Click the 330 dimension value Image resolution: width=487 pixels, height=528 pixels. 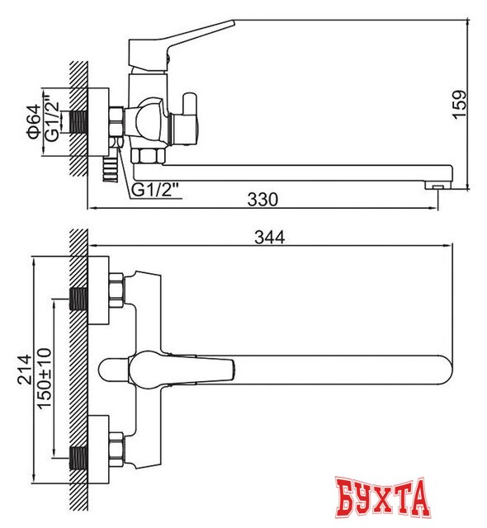pos(262,199)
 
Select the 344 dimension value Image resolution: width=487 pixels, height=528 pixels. pos(269,238)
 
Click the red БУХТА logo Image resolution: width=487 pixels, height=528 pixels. pos(385,497)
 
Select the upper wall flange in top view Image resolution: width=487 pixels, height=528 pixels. pos(99,290)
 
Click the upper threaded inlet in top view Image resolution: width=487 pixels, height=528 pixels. pos(79,298)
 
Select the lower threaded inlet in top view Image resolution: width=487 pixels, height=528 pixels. pos(79,456)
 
